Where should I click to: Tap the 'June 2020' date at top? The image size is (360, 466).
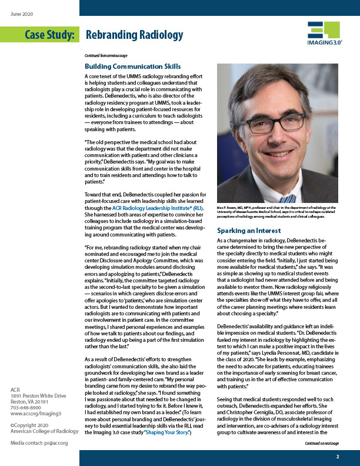pos(22,12)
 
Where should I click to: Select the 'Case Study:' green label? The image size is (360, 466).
pos(49,36)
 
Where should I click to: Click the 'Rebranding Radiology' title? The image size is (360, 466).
pos(134,36)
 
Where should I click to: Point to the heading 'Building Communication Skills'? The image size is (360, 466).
pos(132,66)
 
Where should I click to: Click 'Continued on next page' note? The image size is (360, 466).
pos(318,444)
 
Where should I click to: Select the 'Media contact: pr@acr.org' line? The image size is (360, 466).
pos(39,442)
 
